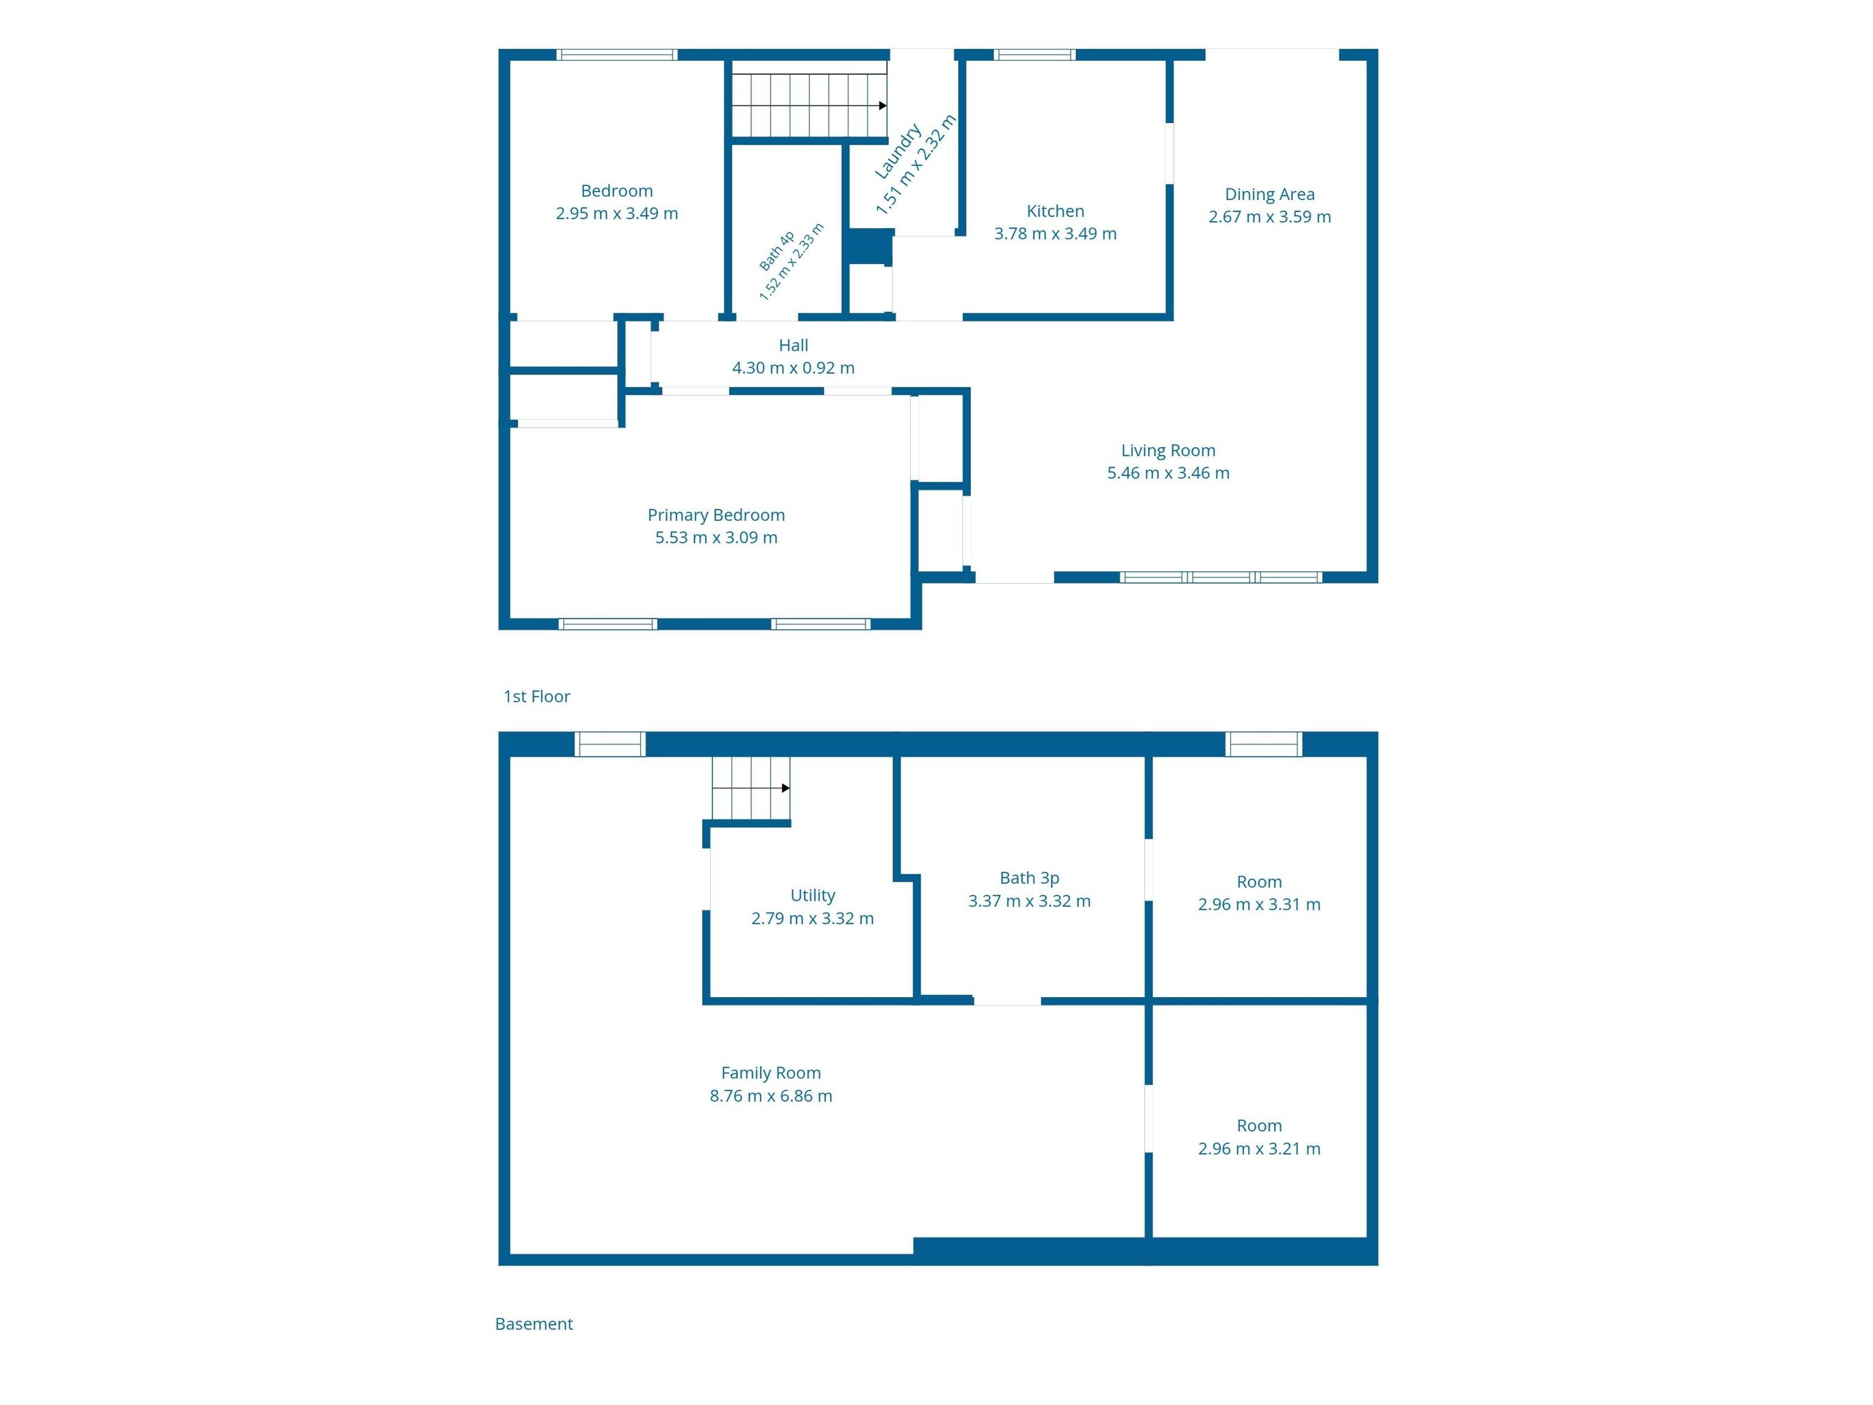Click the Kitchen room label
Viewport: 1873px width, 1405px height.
pyautogui.click(x=1055, y=211)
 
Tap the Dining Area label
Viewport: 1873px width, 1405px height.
pyautogui.click(x=1269, y=194)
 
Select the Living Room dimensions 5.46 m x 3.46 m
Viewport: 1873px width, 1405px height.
pyautogui.click(x=1168, y=473)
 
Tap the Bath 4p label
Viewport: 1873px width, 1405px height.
pyautogui.click(x=776, y=251)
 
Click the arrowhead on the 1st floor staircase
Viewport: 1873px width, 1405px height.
pyautogui.click(x=883, y=105)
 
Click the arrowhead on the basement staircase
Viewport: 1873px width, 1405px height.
pyautogui.click(x=786, y=788)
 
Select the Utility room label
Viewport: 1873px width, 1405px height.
pyautogui.click(x=813, y=895)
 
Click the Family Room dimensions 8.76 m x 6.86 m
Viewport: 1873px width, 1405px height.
pyautogui.click(x=770, y=1096)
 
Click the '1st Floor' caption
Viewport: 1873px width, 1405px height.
pyautogui.click(x=537, y=696)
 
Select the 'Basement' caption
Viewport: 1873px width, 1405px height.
pyautogui.click(x=534, y=1324)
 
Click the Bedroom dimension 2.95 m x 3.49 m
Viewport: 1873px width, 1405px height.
pyautogui.click(x=617, y=214)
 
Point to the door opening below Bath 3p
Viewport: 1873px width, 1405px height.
pyautogui.click(x=1007, y=1001)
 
